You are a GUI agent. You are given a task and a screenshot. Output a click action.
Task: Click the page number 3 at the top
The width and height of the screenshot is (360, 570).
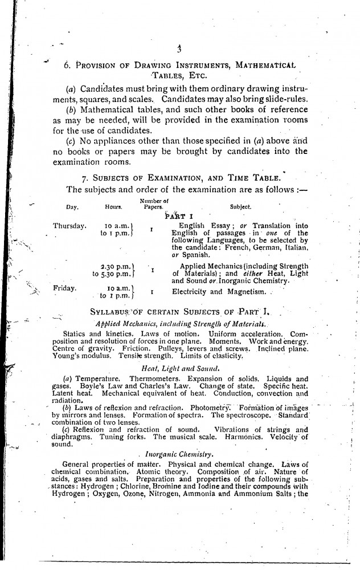pos(179,50)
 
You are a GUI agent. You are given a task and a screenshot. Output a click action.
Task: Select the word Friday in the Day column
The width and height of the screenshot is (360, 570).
pos(64,288)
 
